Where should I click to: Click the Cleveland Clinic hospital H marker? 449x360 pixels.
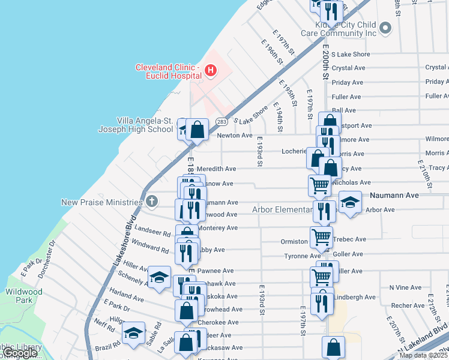[210, 71]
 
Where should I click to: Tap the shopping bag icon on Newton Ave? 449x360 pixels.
[197, 128]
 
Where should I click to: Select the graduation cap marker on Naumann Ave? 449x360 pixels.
[350, 202]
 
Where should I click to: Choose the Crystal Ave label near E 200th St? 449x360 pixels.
[348, 68]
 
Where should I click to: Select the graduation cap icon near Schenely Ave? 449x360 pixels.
[159, 277]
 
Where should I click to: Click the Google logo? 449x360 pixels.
[20, 353]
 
